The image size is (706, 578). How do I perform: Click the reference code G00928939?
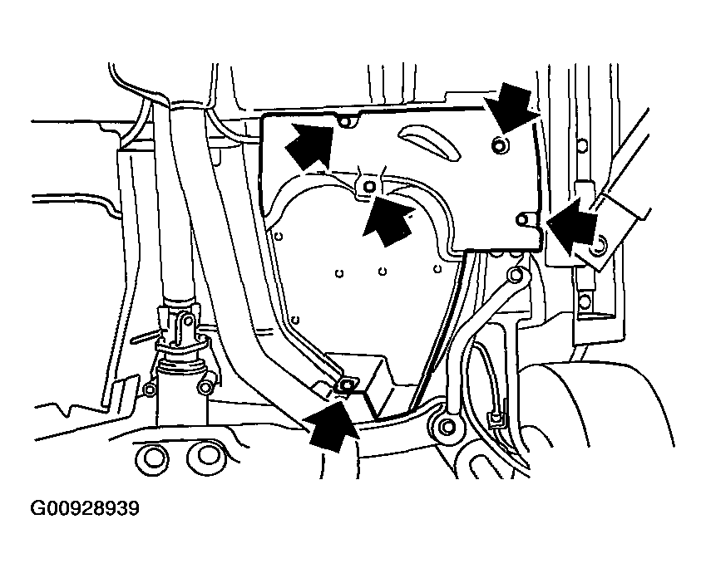click(85, 509)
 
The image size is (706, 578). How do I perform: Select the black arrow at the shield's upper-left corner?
click(310, 145)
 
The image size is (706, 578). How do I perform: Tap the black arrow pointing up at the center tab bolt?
click(388, 219)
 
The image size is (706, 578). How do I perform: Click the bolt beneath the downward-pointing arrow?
click(500, 144)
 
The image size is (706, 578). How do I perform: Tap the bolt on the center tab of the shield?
click(369, 186)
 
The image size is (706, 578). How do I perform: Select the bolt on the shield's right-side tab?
click(522, 219)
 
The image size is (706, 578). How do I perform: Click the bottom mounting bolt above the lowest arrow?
click(347, 385)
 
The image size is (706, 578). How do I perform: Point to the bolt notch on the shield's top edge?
click(346, 121)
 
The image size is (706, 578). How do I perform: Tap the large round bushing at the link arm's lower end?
click(447, 425)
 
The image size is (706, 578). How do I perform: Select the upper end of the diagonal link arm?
click(517, 274)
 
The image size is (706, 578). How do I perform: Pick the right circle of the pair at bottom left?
click(205, 456)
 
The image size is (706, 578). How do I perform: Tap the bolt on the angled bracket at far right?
click(600, 245)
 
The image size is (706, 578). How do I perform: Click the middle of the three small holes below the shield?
click(383, 272)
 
